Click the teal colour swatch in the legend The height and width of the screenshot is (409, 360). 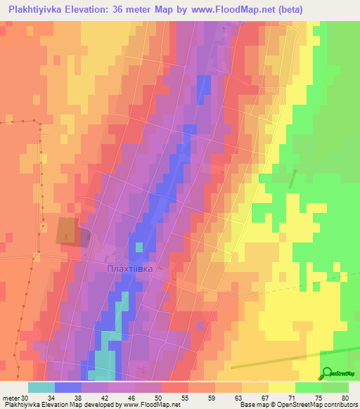point(41,387)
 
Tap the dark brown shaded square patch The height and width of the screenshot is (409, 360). point(68,230)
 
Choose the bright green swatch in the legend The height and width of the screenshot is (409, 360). point(309,387)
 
